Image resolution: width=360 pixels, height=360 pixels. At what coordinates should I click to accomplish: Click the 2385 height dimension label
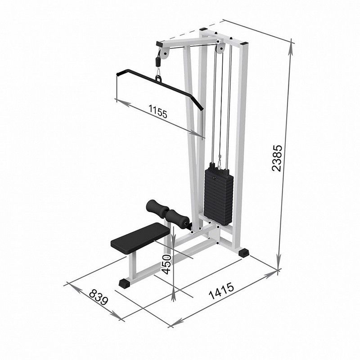pyautogui.click(x=276, y=158)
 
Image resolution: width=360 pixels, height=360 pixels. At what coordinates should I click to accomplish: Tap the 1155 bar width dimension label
pyautogui.click(x=158, y=111)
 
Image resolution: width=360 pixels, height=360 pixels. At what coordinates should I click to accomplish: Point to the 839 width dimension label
pyautogui.click(x=98, y=297)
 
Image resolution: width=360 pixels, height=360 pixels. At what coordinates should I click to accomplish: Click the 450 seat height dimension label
pyautogui.click(x=166, y=264)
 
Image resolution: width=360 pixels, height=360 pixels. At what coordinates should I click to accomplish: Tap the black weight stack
pyautogui.click(x=219, y=194)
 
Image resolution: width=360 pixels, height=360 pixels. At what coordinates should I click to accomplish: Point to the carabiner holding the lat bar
pyautogui.click(x=158, y=73)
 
